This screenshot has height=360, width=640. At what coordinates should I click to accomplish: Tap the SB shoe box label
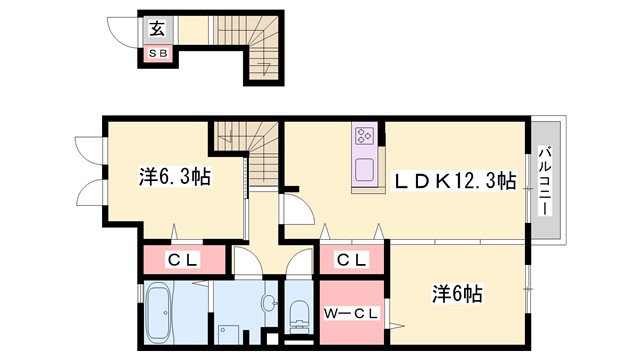point(158,53)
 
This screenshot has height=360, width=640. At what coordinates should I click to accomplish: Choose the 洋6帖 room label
point(457,295)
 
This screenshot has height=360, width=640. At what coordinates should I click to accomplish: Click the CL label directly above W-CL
point(350,260)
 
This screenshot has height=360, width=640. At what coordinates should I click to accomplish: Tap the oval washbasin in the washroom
point(268,303)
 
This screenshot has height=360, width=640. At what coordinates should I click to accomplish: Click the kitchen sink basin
point(363,168)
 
